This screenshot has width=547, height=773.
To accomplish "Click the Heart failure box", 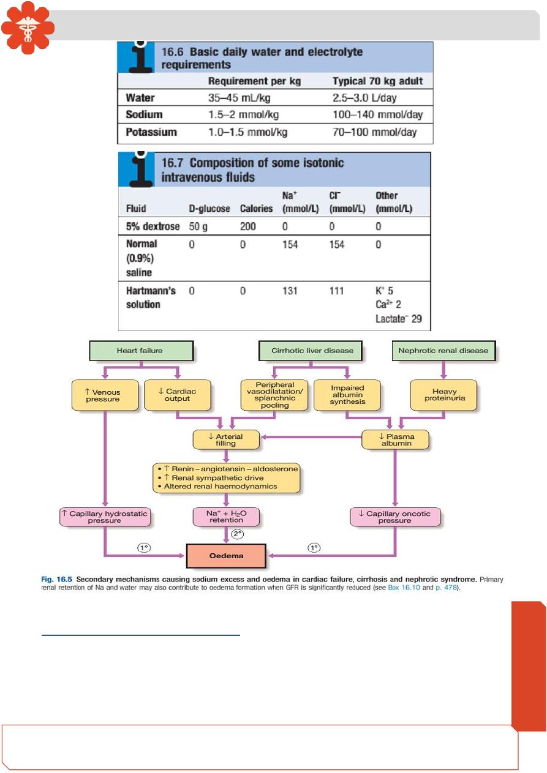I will click(141, 351).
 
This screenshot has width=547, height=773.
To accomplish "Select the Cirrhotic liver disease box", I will click(312, 351).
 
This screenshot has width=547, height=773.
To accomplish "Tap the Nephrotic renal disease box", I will click(443, 351).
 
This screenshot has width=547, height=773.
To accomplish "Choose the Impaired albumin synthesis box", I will click(347, 395).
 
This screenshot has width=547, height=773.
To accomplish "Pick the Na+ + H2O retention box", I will click(226, 518).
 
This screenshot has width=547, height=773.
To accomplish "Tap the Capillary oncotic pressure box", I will click(395, 517).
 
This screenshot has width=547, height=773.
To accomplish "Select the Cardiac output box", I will click(177, 395).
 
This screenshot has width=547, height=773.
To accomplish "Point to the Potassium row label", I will click(151, 132).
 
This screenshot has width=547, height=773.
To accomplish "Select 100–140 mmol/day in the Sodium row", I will click(377, 115).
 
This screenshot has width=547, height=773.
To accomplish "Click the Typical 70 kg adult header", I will click(377, 81).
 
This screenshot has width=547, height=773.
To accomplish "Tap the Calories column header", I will click(256, 209).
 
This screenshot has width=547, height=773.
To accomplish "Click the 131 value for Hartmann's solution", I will click(290, 291).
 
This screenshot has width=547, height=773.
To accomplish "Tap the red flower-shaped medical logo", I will click(28, 28).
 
